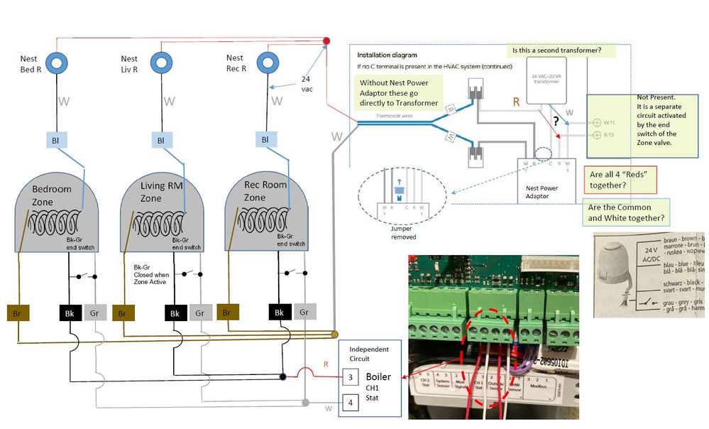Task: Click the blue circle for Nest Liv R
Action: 163,62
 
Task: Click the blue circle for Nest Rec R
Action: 268,62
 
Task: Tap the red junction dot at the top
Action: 327,41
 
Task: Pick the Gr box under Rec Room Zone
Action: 304,312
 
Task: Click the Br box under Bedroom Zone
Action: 18,313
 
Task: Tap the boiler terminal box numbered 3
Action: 350,377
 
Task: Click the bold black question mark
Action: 556,121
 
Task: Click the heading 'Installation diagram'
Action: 387,55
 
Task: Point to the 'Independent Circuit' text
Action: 370,354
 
